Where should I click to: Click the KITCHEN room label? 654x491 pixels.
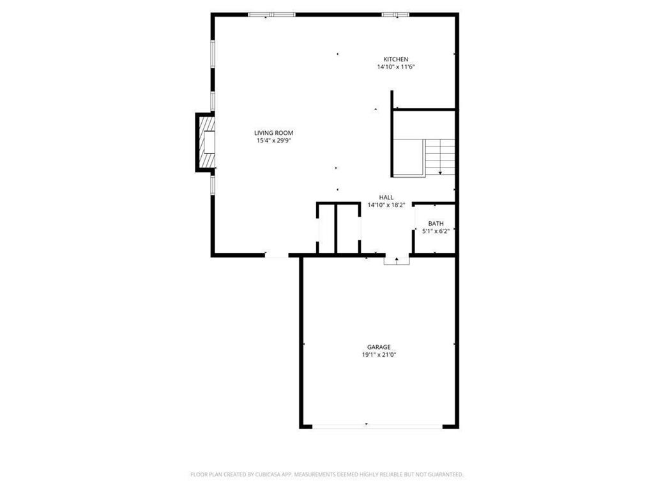[x=396, y=59]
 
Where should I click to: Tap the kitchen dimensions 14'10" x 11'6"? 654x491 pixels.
[x=396, y=67]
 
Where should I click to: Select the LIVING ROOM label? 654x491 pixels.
[x=274, y=133]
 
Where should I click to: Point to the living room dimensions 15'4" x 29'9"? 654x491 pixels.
[x=274, y=141]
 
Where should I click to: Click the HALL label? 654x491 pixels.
[x=386, y=198]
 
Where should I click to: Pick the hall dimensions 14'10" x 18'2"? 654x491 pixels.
[x=386, y=205]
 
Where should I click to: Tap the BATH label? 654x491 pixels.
[x=436, y=224]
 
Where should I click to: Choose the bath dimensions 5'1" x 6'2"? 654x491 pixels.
[x=436, y=231]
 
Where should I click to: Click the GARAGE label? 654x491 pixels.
[x=379, y=347]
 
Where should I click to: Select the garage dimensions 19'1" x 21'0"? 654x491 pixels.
[x=379, y=355]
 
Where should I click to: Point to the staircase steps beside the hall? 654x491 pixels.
[x=440, y=157]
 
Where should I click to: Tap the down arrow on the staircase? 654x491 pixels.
[x=440, y=171]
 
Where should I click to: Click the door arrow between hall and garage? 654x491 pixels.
[x=397, y=260]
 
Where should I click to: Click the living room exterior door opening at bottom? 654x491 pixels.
[x=277, y=256]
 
